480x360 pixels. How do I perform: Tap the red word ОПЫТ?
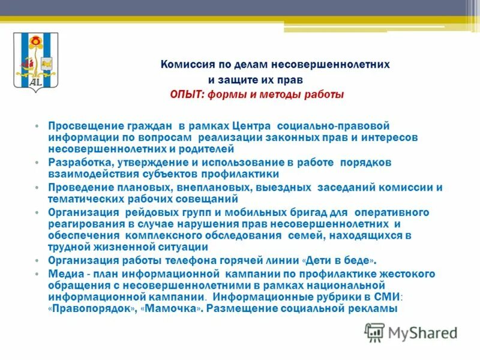(186, 95)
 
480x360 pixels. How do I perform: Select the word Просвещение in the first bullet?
(81, 127)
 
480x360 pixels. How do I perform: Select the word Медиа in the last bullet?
(63, 274)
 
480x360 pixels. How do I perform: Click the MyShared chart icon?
(375, 332)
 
